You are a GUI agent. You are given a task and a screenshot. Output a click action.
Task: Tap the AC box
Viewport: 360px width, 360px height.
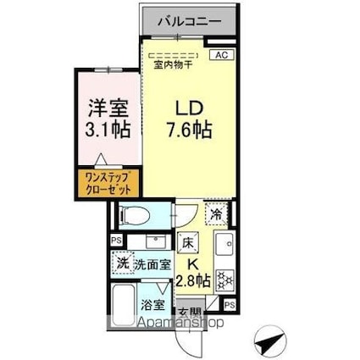pos(221,56)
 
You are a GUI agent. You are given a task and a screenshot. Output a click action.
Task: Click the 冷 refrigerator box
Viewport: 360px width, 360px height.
pos(218,216)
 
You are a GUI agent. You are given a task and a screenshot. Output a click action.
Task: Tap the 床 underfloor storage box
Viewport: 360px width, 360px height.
pos(188,242)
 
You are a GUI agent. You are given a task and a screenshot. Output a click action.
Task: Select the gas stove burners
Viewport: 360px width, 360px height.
pos(227,278)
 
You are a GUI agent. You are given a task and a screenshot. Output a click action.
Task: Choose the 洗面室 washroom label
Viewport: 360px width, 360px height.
pos(154,264)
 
